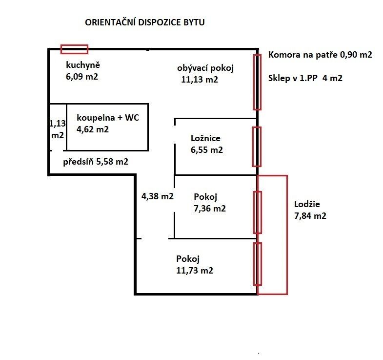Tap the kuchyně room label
tap(83, 64)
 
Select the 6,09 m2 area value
tap(82, 76)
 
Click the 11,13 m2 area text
tap(200, 80)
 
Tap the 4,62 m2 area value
tap(93, 129)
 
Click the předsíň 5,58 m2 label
tap(96, 161)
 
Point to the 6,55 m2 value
tap(207, 150)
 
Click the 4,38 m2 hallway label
tap(158, 196)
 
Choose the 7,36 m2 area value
tap(210, 209)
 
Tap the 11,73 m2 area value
tap(195, 270)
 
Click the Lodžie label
tap(308, 204)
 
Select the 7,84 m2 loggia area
tap(310, 215)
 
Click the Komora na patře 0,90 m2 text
tap(320, 55)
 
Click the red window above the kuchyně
tap(74, 49)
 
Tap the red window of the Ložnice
tap(257, 147)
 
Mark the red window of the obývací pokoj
tap(257, 82)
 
